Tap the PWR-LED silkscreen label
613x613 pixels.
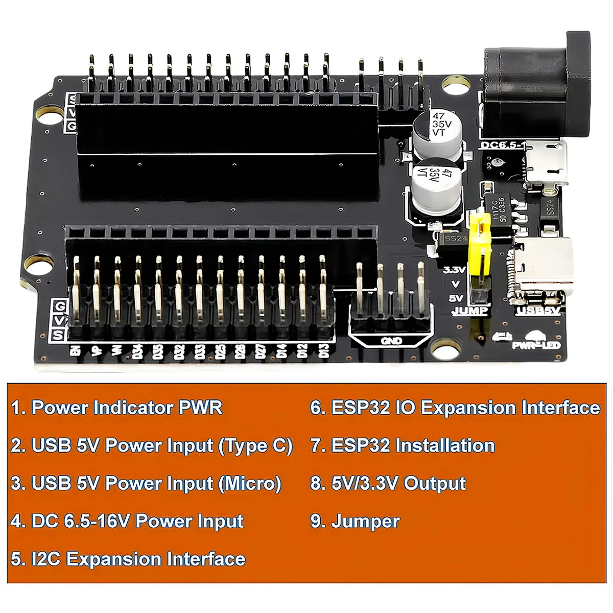(x=536, y=346)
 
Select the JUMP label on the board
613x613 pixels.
(x=469, y=311)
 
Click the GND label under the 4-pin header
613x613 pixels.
(x=391, y=341)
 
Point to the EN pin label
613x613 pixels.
(x=75, y=351)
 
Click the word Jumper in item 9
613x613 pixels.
(x=365, y=522)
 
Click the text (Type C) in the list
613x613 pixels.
(x=255, y=446)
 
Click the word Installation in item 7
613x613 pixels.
(x=445, y=446)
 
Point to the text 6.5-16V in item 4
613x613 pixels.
(x=97, y=522)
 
